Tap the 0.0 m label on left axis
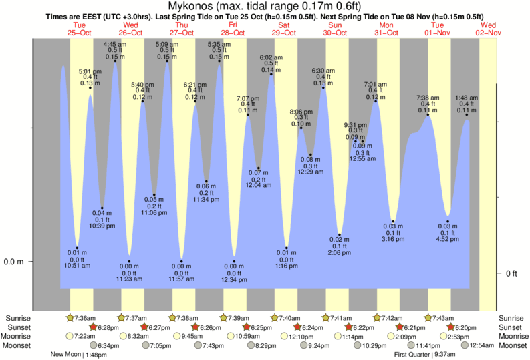point(13,261)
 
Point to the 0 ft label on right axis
point(511,273)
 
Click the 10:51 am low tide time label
point(78,265)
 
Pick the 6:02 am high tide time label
point(271,58)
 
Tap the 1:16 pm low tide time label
point(286,266)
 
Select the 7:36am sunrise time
point(85,318)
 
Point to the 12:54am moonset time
point(481,345)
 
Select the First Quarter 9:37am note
point(422,355)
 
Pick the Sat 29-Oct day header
point(284,29)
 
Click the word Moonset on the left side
point(19,345)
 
